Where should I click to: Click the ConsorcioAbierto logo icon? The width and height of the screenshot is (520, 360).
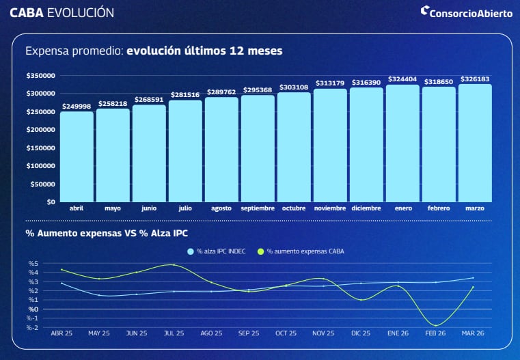tap(424, 11)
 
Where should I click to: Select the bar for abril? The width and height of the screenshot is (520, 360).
tap(77, 156)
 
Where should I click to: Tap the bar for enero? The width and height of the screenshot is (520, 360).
tap(402, 143)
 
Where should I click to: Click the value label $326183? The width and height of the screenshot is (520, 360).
tap(475, 79)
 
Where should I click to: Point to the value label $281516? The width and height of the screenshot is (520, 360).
tap(185, 95)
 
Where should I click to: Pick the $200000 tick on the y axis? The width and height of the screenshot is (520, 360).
tap(41, 130)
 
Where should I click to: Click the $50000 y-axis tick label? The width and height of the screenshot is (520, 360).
tap(42, 184)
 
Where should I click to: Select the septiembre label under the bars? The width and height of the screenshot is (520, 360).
tap(258, 208)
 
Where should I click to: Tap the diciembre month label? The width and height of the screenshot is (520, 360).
tap(366, 208)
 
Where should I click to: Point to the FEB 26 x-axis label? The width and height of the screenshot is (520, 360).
tap(435, 333)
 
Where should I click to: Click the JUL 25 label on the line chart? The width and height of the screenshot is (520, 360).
tap(174, 333)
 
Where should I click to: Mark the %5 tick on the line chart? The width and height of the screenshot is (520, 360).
tap(52, 264)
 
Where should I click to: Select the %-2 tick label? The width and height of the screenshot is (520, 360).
tap(51, 327)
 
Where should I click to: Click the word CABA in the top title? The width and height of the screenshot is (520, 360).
tap(27, 13)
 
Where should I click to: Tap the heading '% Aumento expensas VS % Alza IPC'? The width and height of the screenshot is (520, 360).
tap(107, 234)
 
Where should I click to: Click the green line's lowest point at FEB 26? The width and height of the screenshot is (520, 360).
tap(435, 325)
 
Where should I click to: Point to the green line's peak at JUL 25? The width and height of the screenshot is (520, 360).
tap(174, 264)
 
